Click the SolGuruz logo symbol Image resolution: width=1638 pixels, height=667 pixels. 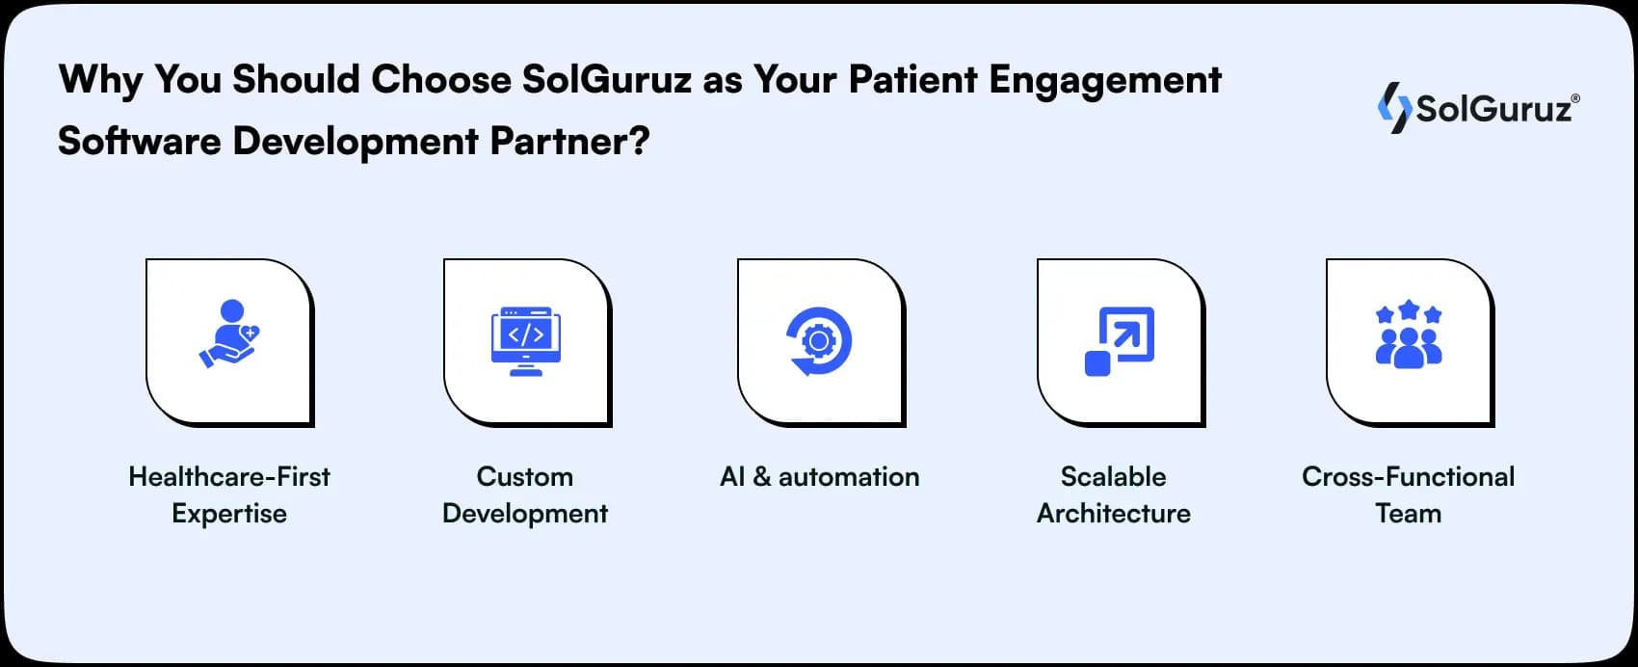coord(1394,108)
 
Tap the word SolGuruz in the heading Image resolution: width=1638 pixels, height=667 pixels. coord(607,80)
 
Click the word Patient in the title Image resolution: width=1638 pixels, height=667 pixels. coord(912,80)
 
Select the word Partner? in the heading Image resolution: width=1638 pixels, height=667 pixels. coord(569,142)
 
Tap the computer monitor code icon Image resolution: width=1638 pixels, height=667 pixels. coord(526,341)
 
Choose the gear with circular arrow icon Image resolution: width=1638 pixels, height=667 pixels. coord(819,340)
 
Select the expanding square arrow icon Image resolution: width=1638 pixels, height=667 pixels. coord(1119,341)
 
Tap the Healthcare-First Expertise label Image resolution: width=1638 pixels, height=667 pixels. coord(229,494)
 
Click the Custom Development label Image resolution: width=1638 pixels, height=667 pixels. coord(525,494)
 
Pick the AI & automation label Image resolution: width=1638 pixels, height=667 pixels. coord(819,476)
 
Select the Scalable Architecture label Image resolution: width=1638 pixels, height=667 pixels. coord(1114,494)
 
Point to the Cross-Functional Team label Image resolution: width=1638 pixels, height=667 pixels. coord(1408,494)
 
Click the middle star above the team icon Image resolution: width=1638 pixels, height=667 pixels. coord(1409,309)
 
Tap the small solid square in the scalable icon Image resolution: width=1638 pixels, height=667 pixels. coord(1097,363)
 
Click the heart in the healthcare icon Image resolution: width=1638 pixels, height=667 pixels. coord(250,333)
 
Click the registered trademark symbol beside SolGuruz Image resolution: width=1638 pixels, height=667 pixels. coord(1575,98)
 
